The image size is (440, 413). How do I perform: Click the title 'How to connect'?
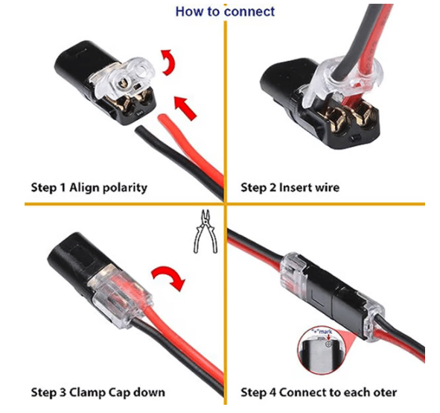(x=225, y=12)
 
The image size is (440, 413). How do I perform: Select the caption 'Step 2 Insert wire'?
(x=290, y=187)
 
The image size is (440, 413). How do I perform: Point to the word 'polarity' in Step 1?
(x=122, y=187)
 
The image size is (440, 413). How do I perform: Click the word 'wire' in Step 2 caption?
(x=325, y=187)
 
